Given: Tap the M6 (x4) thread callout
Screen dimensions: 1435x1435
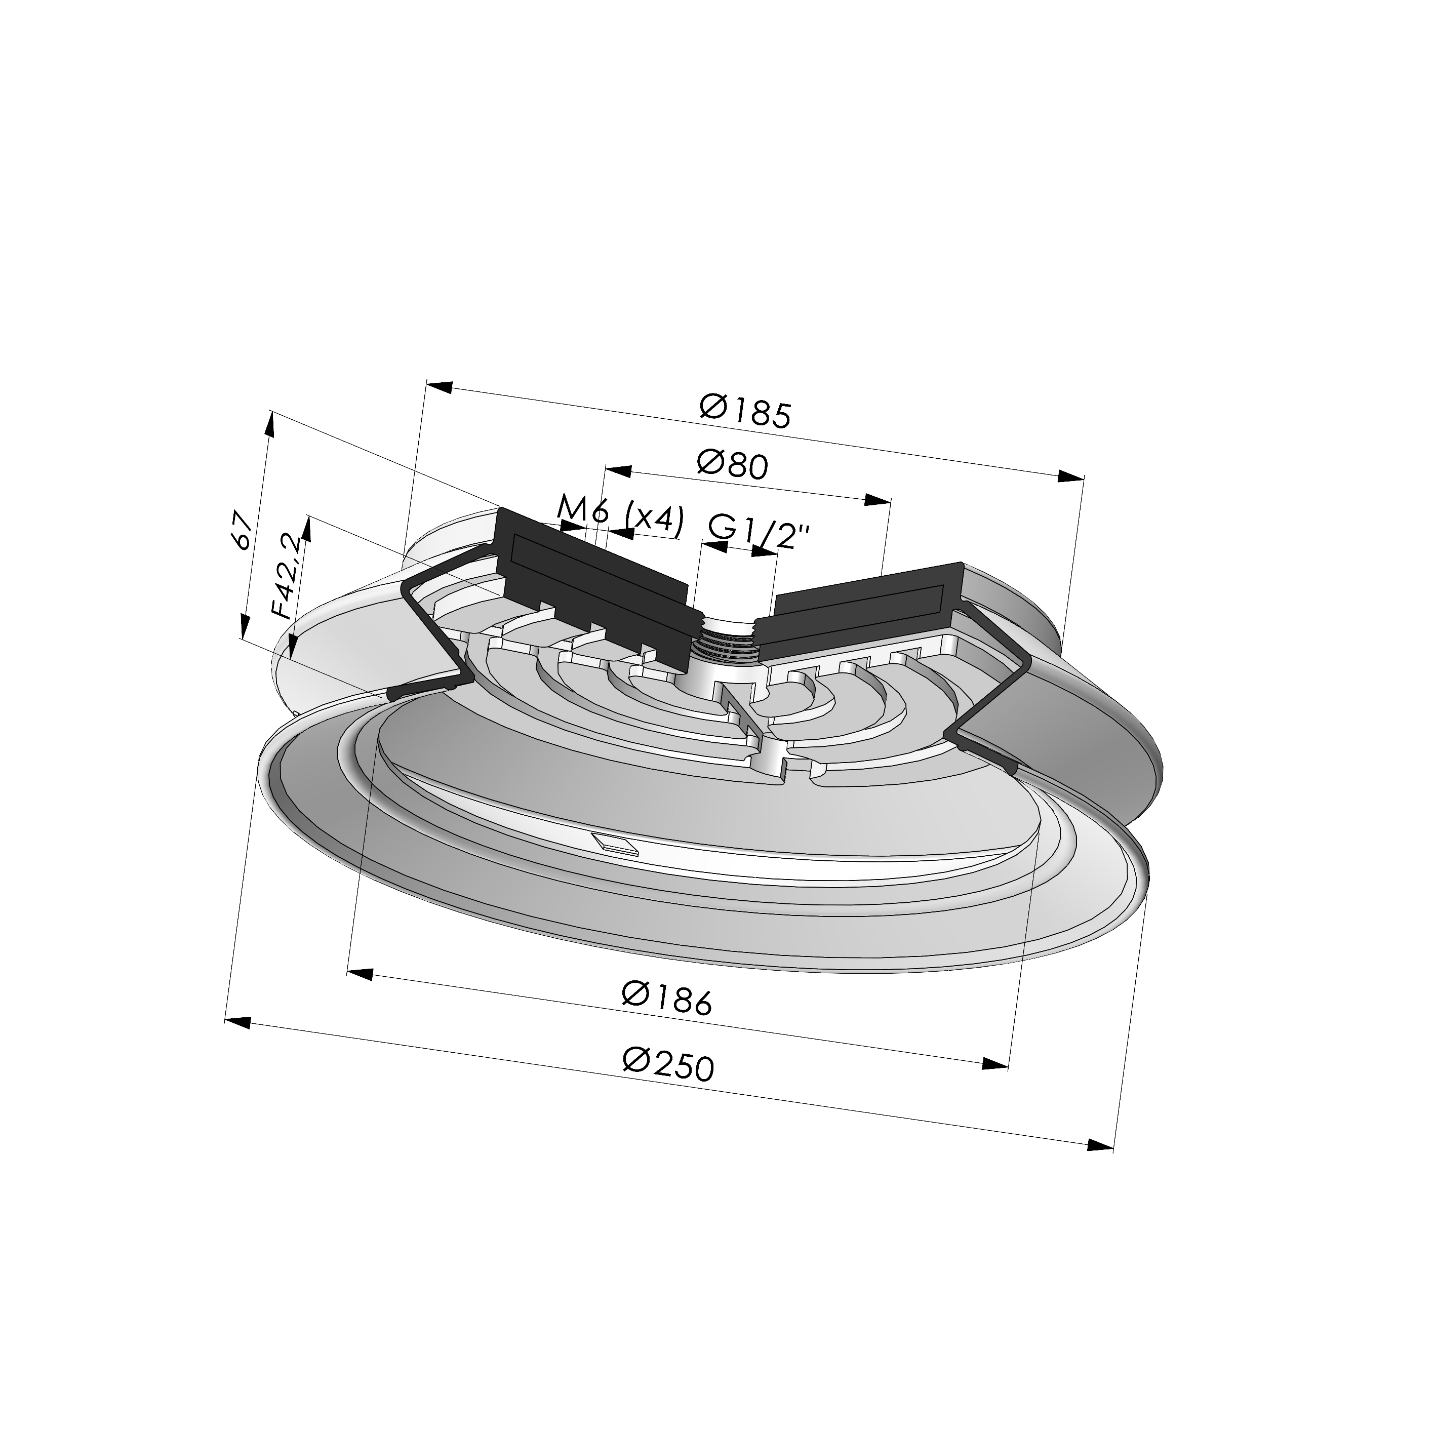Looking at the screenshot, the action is coord(619,515).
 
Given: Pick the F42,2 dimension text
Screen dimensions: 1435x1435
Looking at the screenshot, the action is coord(288,576).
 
